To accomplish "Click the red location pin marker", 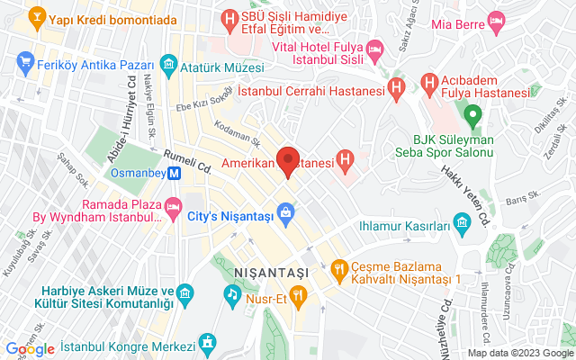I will coord(288,159).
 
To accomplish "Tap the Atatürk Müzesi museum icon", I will coord(167,66).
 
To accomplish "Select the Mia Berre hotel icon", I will coord(495,21).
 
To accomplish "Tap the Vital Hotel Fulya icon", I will coord(375,48).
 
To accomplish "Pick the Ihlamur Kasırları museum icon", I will coord(463,221).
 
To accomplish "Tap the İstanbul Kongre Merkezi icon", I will coord(209,343).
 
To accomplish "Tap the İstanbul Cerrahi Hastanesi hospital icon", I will coord(393,88).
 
